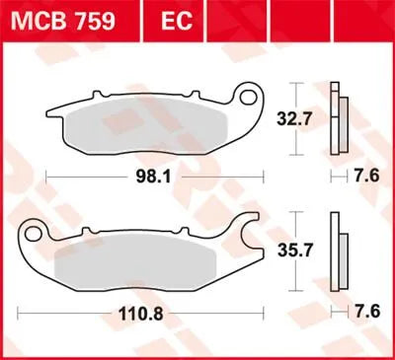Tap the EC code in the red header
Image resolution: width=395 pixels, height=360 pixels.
coord(168,19)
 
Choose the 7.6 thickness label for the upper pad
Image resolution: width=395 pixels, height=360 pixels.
coord(365,178)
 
